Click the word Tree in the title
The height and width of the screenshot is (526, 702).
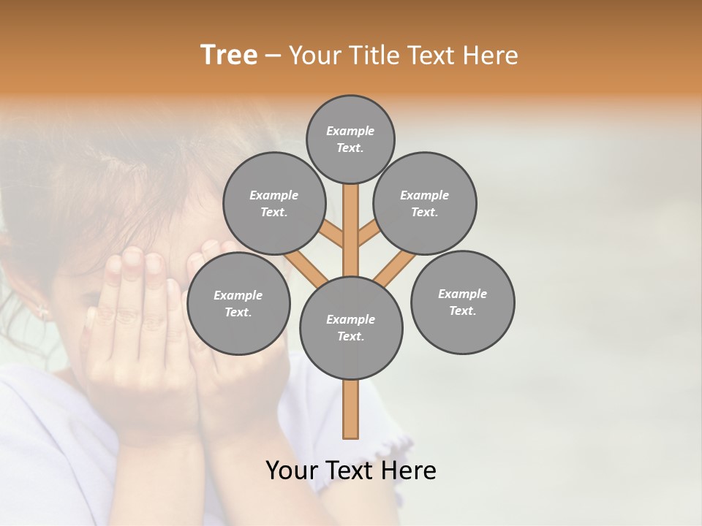tap(229, 56)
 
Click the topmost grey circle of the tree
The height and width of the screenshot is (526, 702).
tap(350, 139)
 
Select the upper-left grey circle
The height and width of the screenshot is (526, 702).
tap(273, 203)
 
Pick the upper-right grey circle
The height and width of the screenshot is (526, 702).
tap(424, 203)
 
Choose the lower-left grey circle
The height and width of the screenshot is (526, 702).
tap(238, 303)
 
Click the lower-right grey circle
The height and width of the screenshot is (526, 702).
tap(462, 302)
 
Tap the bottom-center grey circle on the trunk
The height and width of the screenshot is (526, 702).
tap(351, 327)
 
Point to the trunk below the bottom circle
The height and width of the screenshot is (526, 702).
tap(351, 409)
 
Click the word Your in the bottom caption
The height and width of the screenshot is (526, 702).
tap(291, 470)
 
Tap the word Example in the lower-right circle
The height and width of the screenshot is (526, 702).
tap(462, 294)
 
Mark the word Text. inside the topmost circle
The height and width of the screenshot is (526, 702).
tap(350, 148)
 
